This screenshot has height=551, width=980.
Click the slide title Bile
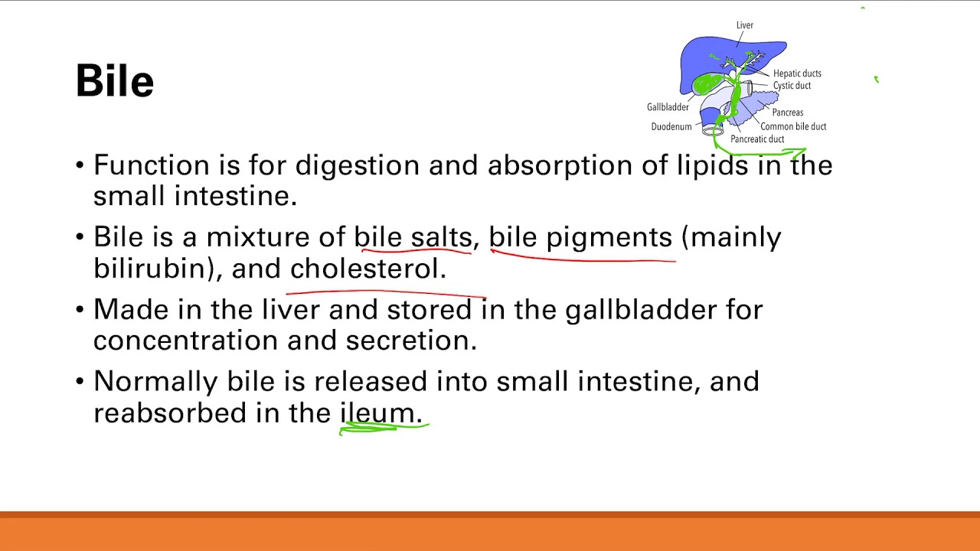coord(115,81)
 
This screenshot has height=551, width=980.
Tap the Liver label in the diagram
coord(744,25)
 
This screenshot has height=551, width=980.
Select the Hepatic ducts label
coord(797,73)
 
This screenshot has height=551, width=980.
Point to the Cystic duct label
coord(792,86)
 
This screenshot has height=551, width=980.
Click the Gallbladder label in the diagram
coord(668,107)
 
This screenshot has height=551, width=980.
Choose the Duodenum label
coord(671,127)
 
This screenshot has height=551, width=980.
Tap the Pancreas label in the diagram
coord(787,112)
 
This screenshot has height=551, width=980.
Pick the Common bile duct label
coord(793,126)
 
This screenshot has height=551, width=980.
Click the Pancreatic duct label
coord(757,139)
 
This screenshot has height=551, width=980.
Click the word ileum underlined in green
coord(381,413)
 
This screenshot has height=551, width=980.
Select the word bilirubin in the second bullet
coord(150,269)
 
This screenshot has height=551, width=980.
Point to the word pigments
coord(609,238)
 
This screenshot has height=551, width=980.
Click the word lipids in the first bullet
coord(712,165)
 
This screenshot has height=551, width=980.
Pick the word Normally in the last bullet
coord(155,381)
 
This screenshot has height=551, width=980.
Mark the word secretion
coord(411,341)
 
